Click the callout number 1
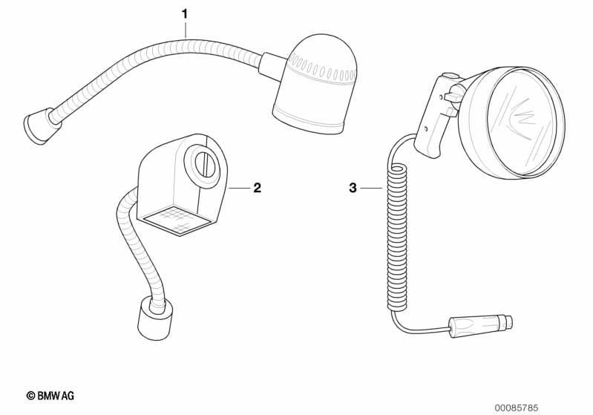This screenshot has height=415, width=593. click(x=185, y=14)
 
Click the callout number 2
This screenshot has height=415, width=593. click(x=258, y=187)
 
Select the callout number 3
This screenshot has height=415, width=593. click(x=353, y=188)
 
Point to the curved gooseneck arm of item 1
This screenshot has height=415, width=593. click(x=151, y=53)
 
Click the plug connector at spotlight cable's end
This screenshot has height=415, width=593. click(x=480, y=324)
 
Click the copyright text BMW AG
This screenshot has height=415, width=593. click(x=50, y=396)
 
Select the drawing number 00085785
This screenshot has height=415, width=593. click(x=517, y=408)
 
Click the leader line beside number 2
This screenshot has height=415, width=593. click(x=239, y=188)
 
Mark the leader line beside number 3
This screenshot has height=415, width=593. click(x=373, y=188)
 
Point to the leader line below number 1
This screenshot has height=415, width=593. click(x=185, y=30)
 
